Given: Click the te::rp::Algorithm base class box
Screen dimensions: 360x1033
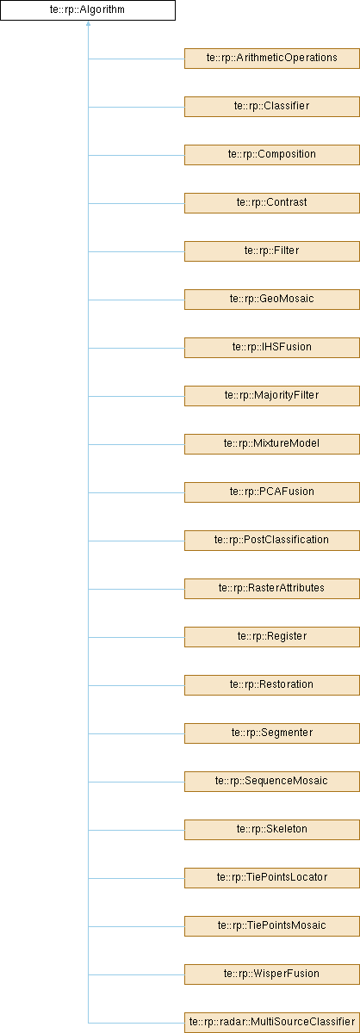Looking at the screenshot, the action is coord(88,10).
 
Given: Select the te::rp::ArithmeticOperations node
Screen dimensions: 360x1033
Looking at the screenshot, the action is coord(272,59).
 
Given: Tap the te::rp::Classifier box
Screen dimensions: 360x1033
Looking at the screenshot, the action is coord(272,107).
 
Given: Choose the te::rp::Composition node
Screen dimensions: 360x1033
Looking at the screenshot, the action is coord(272,155).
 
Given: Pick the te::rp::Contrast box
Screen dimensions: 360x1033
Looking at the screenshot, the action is coord(272,203).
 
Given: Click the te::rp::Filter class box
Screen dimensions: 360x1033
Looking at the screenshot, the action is coord(272,251).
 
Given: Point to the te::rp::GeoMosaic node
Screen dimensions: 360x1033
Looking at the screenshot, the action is coord(272,300).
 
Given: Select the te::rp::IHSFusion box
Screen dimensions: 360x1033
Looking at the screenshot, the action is coord(272,348).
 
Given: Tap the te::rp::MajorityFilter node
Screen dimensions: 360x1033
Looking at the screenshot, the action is coord(272,396).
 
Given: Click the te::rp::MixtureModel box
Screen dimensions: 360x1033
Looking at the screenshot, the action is coord(272,444).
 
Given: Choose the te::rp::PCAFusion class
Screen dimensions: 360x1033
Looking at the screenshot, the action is coord(272,492).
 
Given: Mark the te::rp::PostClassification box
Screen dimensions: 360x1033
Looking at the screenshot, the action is coord(272,541).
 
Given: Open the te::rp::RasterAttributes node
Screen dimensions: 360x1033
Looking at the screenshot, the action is coord(272,589).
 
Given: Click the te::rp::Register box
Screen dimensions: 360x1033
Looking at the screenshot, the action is coord(272,637).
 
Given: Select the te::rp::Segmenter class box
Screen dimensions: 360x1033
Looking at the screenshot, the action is coord(272,733).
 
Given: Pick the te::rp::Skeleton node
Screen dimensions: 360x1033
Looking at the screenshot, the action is coord(272,830).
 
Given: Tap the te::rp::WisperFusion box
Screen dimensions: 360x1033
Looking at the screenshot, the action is coord(272,974).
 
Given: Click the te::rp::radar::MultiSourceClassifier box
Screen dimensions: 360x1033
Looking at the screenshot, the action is coord(272,1023).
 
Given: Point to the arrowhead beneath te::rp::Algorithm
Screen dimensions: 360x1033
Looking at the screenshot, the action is coord(88,23).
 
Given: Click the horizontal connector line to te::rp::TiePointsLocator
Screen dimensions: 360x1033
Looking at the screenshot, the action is coord(136,878).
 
